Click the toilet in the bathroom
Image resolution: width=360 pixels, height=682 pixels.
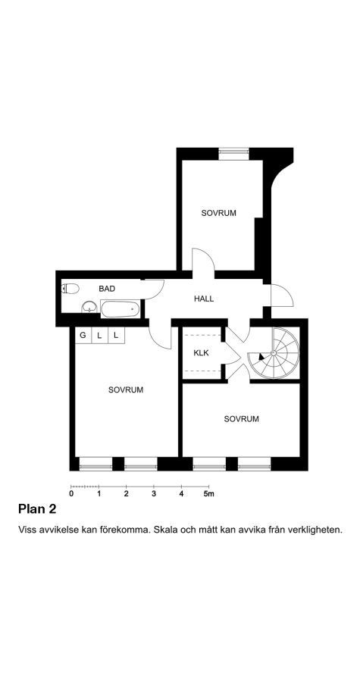(x=70, y=288)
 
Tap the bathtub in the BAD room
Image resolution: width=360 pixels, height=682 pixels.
(x=121, y=309)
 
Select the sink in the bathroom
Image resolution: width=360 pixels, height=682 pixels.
(x=89, y=307)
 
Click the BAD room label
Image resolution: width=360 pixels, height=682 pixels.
(x=107, y=289)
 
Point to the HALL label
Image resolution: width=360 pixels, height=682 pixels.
(x=204, y=299)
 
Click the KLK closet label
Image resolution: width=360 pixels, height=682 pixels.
(x=201, y=352)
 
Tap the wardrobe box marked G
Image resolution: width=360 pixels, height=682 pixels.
(x=83, y=336)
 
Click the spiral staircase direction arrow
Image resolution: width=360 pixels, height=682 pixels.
(x=261, y=356)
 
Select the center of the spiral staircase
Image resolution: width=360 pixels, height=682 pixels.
(x=273, y=352)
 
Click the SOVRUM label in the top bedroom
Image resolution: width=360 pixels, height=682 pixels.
(x=219, y=213)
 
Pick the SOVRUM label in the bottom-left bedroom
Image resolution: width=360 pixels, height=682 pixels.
(x=126, y=389)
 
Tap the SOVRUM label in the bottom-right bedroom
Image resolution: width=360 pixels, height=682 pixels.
(x=241, y=419)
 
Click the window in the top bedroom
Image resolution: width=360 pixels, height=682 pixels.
(x=234, y=152)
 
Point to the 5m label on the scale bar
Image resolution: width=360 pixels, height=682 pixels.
(x=209, y=493)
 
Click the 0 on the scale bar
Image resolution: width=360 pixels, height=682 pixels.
(x=71, y=493)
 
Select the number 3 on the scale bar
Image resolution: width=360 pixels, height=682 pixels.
(x=154, y=493)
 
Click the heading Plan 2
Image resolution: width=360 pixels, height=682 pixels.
(x=37, y=509)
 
